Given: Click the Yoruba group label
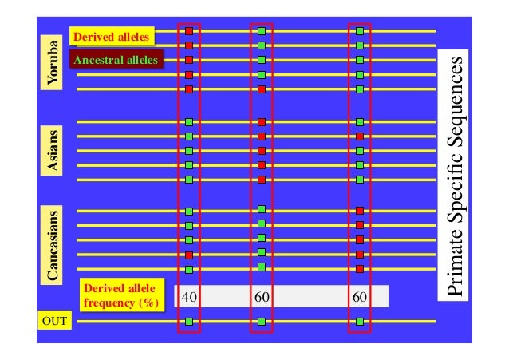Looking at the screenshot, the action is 53,61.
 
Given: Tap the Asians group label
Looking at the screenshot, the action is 53,151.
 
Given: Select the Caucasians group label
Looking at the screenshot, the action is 53,245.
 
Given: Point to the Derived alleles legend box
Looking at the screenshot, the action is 111,37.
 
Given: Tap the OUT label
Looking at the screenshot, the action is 53,322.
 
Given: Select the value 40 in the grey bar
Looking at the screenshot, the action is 190,297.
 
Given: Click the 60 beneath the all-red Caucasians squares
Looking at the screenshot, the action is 360,297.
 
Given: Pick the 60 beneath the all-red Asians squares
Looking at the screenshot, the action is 262,297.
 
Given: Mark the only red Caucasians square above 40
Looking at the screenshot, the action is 190,255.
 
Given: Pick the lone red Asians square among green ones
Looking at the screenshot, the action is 360,136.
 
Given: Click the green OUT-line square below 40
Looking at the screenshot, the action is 190,322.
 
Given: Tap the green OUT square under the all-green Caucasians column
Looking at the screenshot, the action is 262,322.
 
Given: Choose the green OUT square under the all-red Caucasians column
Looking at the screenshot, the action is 360,322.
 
